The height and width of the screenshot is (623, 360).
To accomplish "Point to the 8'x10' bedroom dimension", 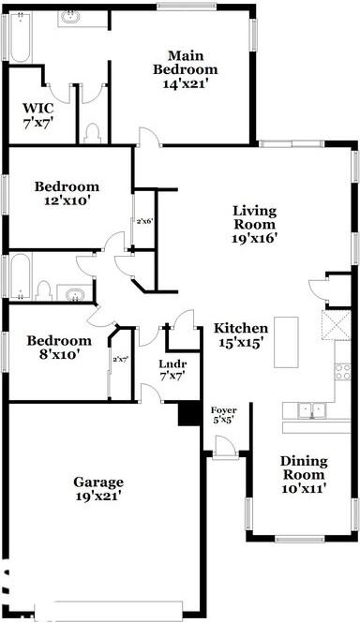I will point(58,354).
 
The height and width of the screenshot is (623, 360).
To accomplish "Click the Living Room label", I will point(254,224).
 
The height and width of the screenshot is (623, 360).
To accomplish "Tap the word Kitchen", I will point(241,329).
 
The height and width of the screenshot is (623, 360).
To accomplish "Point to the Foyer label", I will point(223,410).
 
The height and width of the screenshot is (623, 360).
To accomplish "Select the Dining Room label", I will point(304,467).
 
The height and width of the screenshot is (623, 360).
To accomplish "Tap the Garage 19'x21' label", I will point(98,489).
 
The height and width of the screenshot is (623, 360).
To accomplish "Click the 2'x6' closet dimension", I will point(142,222).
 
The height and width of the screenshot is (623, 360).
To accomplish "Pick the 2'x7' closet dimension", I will point(119,359).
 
